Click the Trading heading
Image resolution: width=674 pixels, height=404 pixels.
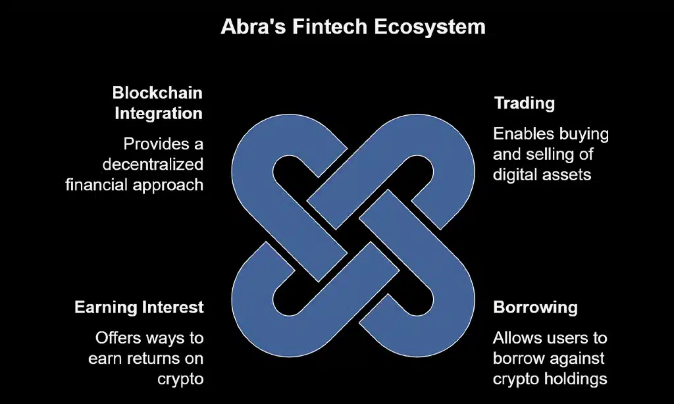(524, 103)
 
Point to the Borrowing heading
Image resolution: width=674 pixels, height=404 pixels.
(535, 307)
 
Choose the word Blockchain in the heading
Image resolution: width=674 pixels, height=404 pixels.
(157, 92)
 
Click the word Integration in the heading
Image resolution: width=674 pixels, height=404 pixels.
(159, 113)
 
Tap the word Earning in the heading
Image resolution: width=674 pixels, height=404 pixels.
(105, 307)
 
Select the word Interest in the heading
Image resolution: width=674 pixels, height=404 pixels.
(172, 307)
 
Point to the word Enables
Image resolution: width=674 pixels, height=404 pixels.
(522, 135)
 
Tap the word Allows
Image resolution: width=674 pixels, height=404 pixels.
(517, 338)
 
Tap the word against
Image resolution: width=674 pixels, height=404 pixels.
(579, 359)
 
